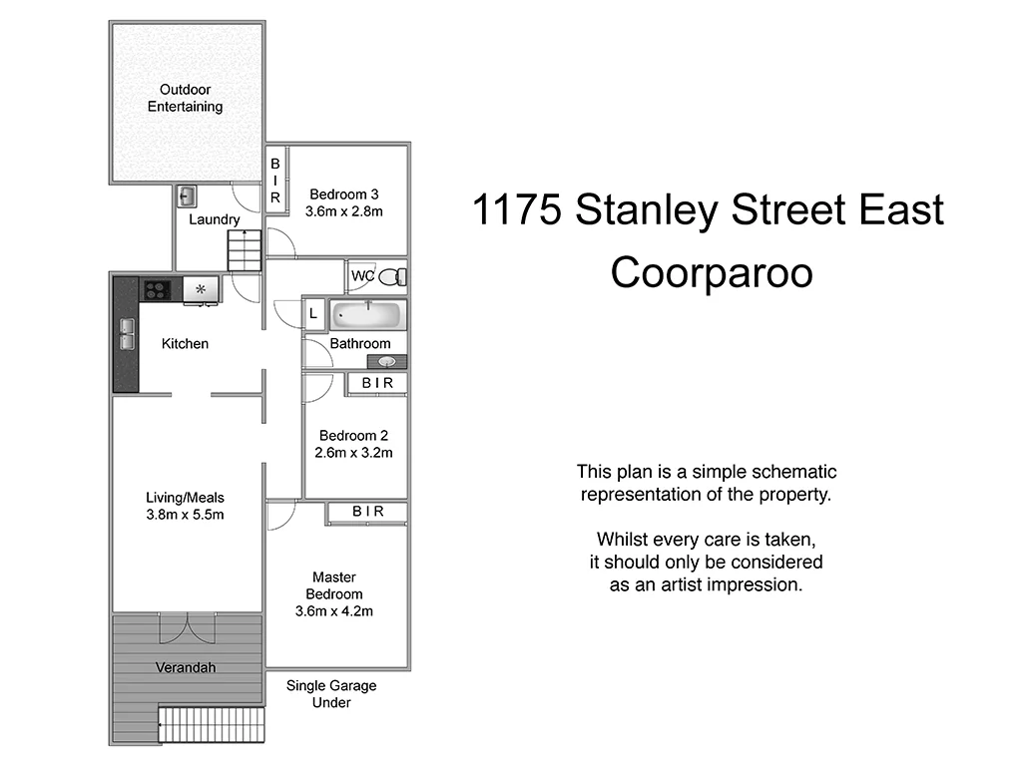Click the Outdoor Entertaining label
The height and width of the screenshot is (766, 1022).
pyautogui.click(x=186, y=98)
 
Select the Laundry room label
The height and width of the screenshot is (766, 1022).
pyautogui.click(x=214, y=219)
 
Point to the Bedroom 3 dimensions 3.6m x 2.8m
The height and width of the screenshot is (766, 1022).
pyautogui.click(x=344, y=211)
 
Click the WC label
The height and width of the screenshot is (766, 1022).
pyautogui.click(x=361, y=276)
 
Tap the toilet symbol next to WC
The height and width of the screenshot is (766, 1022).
pyautogui.click(x=395, y=276)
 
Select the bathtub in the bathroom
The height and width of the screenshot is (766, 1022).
pyautogui.click(x=366, y=315)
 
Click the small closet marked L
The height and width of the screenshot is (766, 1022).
pyautogui.click(x=313, y=314)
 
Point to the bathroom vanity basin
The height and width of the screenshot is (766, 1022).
pyautogui.click(x=387, y=362)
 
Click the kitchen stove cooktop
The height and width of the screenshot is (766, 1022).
pyautogui.click(x=158, y=290)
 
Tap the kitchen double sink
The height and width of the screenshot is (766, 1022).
pyautogui.click(x=127, y=333)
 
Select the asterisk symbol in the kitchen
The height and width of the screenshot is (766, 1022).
pyautogui.click(x=201, y=290)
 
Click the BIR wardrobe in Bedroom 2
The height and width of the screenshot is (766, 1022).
pyautogui.click(x=377, y=383)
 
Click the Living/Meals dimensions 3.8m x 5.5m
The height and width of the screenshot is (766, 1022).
pyautogui.click(x=186, y=515)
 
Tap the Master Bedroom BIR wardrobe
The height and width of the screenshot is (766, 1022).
pyautogui.click(x=367, y=512)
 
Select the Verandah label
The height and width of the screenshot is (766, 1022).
pyautogui.click(x=186, y=667)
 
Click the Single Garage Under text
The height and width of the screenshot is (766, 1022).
pyautogui.click(x=331, y=694)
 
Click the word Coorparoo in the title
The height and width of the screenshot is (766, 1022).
pyautogui.click(x=712, y=271)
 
